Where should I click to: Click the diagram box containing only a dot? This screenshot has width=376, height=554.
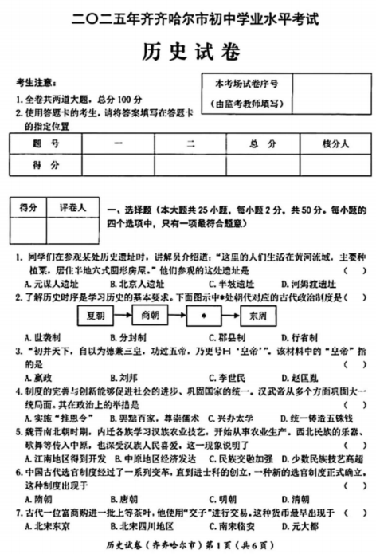203,314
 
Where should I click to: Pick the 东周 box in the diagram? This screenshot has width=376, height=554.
257,314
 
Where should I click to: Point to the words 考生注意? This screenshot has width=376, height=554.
35,83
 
